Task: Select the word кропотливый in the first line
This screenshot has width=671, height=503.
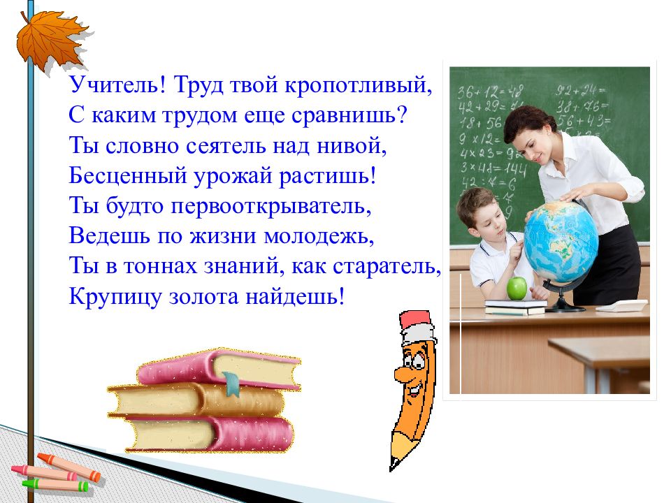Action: point(358,85)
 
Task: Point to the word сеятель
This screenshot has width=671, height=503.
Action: point(226,145)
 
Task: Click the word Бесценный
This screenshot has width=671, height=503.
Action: point(128,175)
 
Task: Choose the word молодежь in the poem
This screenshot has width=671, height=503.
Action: point(319,235)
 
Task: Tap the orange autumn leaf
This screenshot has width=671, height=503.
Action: point(51,41)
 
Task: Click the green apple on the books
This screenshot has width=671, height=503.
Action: point(517,289)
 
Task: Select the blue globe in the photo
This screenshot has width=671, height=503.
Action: point(561,242)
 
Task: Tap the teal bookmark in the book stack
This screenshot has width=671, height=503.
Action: point(231,384)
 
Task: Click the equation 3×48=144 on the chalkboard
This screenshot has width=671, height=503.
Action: point(493,168)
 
